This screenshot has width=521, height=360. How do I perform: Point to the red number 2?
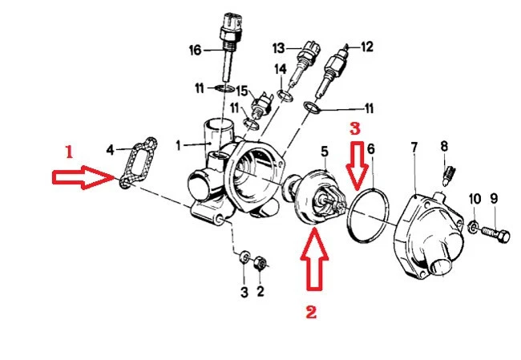312,312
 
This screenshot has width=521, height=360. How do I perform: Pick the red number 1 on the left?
69,150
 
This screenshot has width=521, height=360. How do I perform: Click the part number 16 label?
195,51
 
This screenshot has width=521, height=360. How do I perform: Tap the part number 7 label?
414,148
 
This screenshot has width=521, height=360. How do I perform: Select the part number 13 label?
279,47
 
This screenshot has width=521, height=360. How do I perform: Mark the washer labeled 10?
475,228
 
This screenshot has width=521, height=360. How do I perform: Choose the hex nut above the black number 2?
260,262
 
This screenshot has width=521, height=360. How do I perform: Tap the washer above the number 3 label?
244,257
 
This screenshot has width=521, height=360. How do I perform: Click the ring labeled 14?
283,98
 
